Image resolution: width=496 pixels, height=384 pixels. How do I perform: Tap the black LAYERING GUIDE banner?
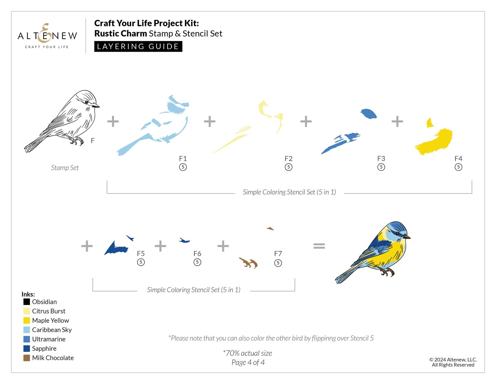(138, 46)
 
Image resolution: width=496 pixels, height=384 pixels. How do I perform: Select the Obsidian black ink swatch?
(27, 302)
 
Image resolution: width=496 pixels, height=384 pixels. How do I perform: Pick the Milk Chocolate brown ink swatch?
(27, 358)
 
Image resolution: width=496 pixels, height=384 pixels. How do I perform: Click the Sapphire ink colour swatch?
(27, 348)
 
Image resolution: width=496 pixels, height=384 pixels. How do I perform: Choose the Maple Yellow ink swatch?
(27, 321)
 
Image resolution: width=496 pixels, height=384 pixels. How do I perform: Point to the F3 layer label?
(381, 158)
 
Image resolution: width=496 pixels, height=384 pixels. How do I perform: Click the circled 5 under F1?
(183, 167)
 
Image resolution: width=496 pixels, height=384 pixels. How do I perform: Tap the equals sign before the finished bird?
(319, 246)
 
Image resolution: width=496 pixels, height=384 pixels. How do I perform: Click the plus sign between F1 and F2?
(209, 121)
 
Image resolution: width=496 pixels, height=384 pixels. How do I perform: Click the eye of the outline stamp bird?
(86, 102)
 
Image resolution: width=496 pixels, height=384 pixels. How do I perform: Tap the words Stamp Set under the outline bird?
(65, 168)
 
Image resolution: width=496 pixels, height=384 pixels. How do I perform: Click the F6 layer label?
(197, 254)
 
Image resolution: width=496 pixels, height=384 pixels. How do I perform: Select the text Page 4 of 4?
(248, 362)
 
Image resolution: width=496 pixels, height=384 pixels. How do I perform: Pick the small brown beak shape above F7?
(270, 228)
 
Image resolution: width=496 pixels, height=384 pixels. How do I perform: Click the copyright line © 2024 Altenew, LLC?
(453, 360)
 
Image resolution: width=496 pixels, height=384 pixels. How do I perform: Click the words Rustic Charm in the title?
(121, 33)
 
